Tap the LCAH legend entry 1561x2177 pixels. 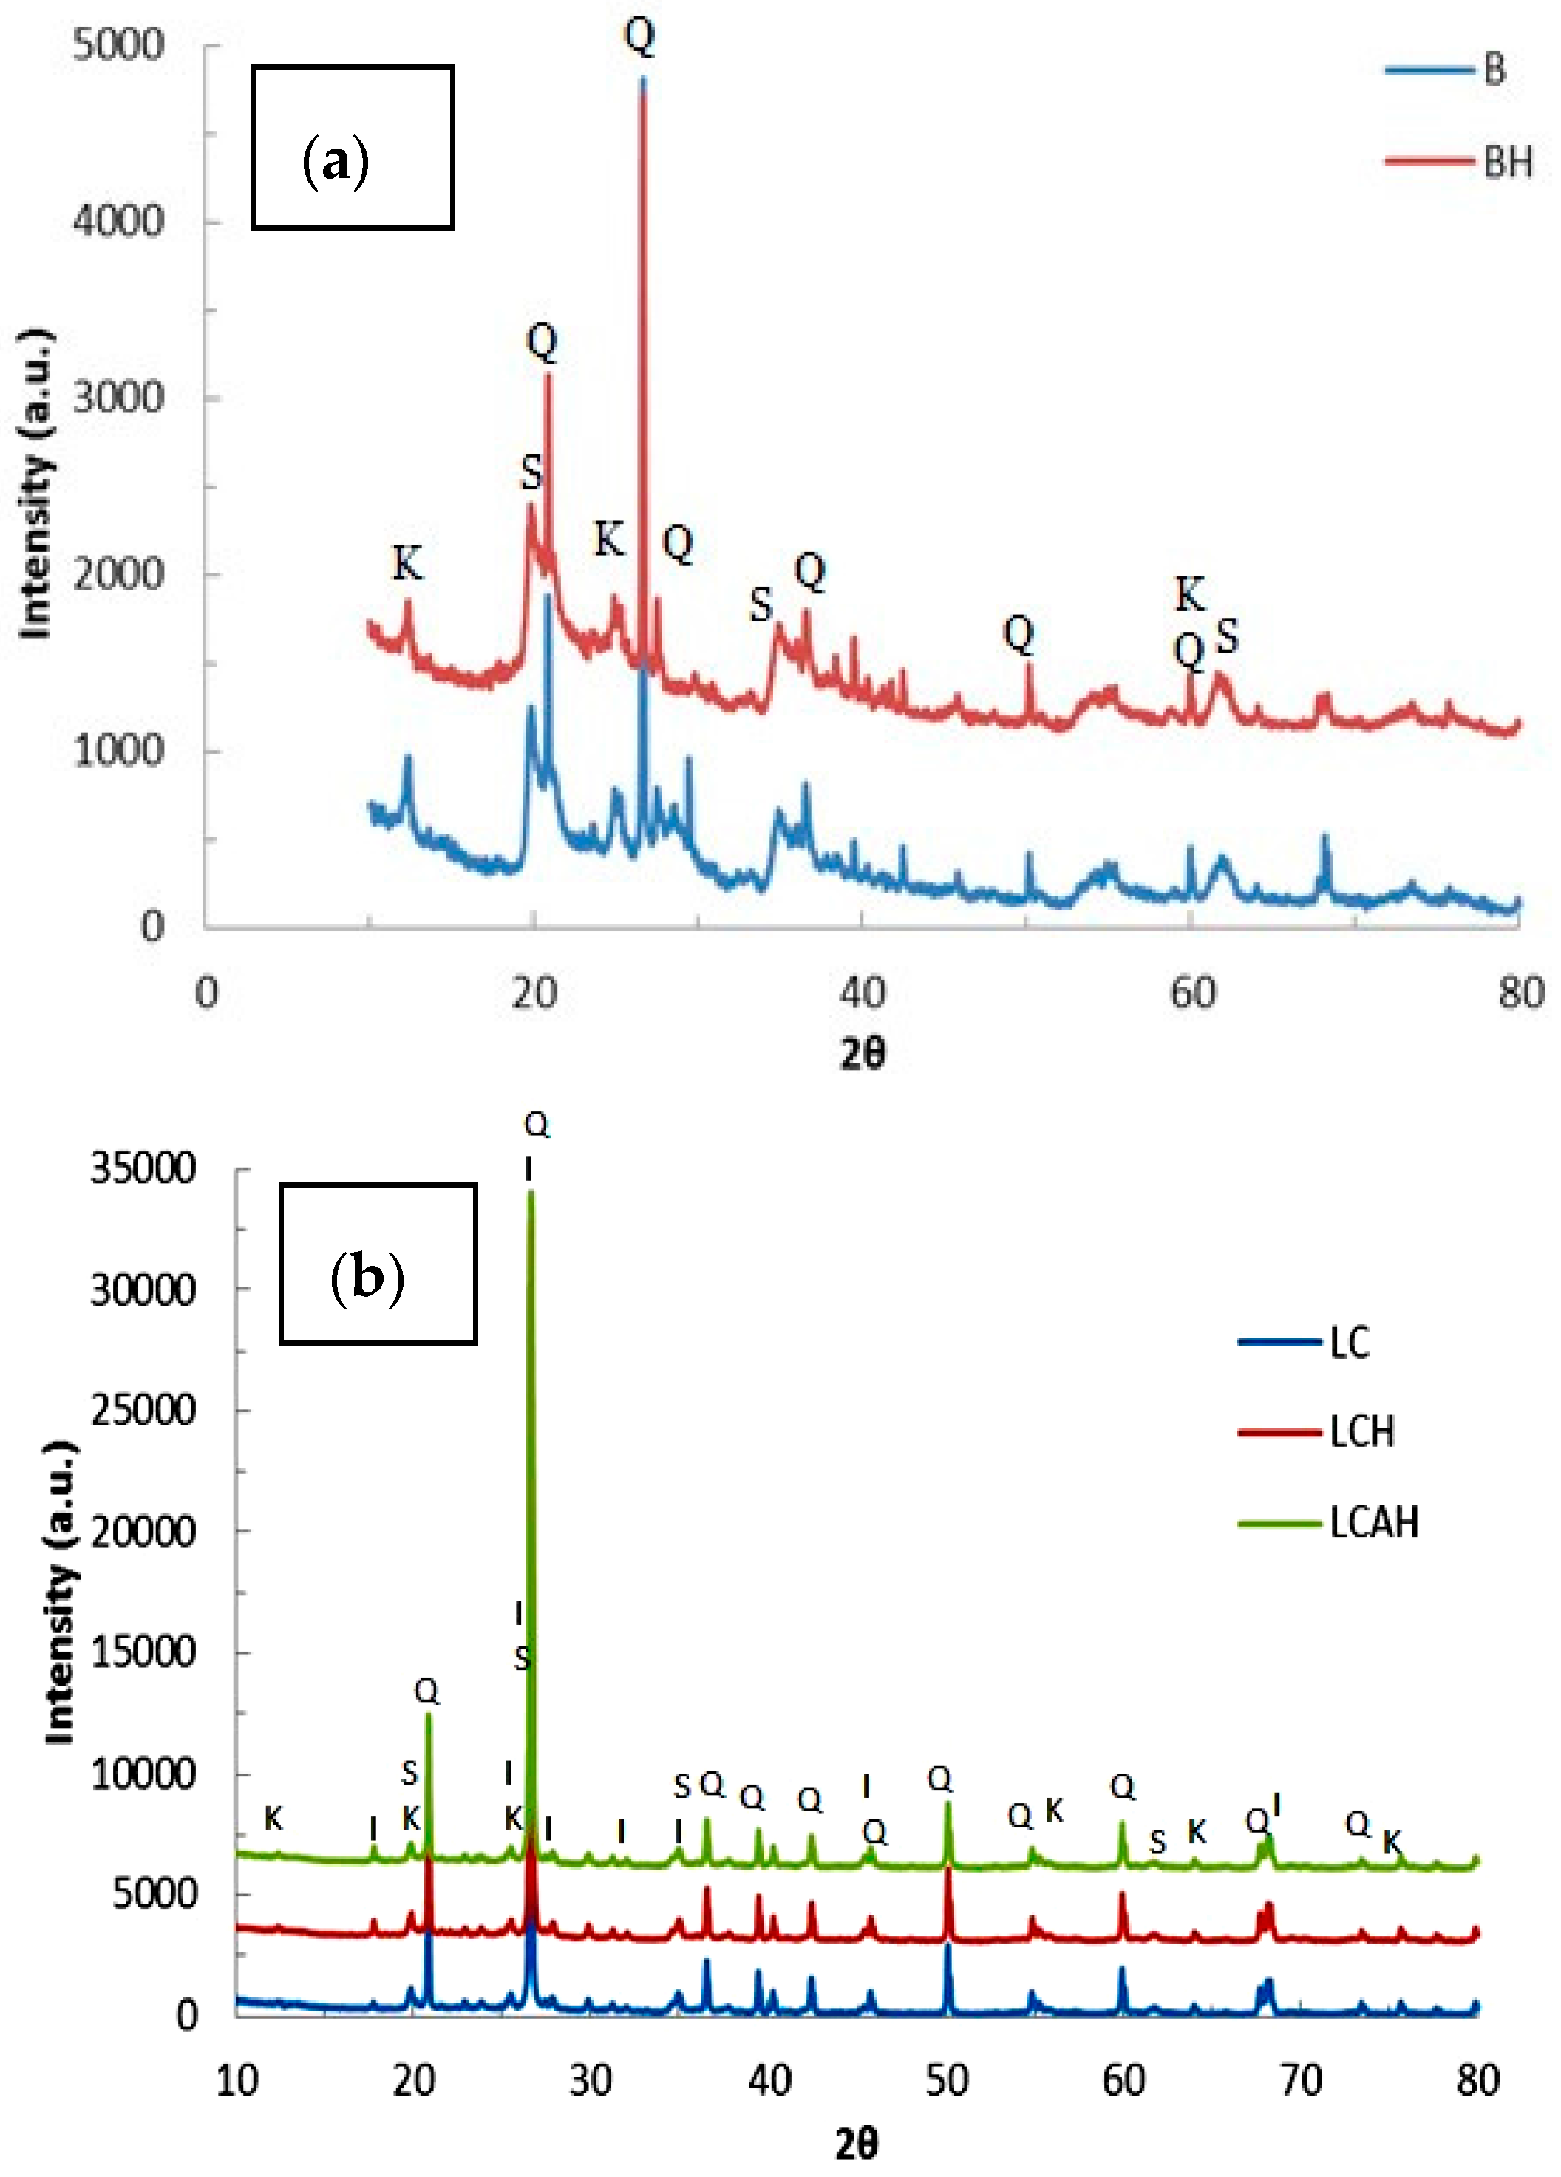1373,1523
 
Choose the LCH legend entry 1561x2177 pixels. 1361,1432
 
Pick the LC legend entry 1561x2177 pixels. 1349,1343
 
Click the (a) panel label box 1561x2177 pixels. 353,147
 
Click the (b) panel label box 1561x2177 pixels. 378,1263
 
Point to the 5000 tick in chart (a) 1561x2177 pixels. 118,45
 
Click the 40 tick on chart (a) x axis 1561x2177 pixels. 861,992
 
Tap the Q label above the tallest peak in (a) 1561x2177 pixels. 640,35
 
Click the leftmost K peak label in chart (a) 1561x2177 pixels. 407,563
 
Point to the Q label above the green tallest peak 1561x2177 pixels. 537,1124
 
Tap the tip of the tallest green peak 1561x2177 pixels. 531,1192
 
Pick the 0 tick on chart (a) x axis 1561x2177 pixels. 206,992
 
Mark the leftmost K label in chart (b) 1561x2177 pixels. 273,1818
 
